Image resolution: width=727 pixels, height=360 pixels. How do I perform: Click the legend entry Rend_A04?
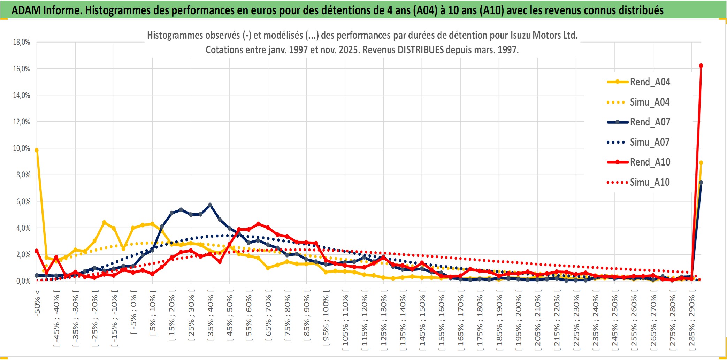tap(650, 82)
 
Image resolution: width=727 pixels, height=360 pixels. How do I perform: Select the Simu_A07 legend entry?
tap(650, 142)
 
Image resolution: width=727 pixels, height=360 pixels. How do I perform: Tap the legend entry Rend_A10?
tap(650, 162)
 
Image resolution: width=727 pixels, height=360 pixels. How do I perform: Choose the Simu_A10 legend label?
tap(650, 182)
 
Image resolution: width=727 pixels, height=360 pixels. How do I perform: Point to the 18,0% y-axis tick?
tap(22, 42)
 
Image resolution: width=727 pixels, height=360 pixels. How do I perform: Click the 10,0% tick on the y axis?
tap(22, 148)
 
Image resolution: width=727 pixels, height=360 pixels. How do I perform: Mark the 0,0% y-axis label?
tap(23, 281)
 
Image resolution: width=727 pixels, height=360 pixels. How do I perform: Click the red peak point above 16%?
tap(701, 66)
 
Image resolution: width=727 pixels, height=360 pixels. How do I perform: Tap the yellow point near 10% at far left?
tap(37, 150)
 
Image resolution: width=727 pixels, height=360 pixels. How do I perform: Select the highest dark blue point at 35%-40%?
tap(210, 205)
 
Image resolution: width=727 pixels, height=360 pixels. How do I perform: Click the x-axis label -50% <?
tap(37, 303)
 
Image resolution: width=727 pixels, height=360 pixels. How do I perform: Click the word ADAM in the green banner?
tap(26, 10)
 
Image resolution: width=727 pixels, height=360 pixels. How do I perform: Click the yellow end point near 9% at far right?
tap(701, 163)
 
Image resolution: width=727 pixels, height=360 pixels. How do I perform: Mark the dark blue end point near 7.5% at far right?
tap(701, 183)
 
